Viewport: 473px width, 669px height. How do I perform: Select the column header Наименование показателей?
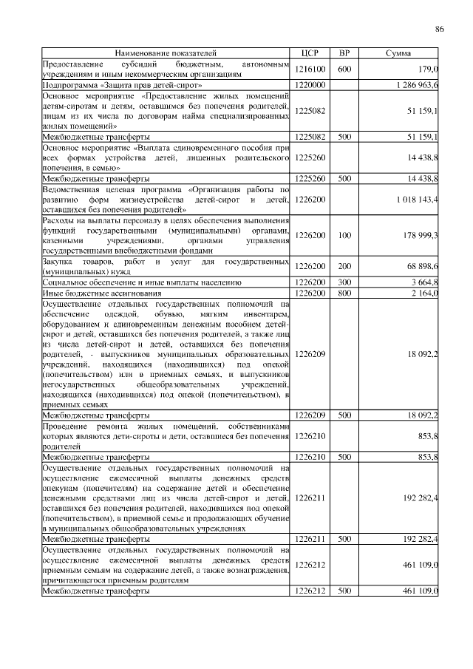point(165,54)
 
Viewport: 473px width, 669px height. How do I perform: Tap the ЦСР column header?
point(310,54)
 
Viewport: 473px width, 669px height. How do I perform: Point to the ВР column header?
point(344,54)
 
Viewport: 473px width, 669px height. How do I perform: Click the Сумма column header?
point(399,54)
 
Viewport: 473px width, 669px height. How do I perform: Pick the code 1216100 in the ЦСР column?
point(310,69)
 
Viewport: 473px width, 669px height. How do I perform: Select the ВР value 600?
point(344,69)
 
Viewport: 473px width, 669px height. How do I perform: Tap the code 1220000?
point(310,86)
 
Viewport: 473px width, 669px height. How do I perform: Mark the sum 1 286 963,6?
point(416,86)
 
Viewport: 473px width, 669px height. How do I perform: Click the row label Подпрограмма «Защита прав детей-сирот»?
point(122,86)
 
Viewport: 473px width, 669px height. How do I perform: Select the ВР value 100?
point(344,235)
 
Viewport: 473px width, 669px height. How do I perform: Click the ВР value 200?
point(344,266)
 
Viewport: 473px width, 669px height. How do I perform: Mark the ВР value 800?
point(344,293)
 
